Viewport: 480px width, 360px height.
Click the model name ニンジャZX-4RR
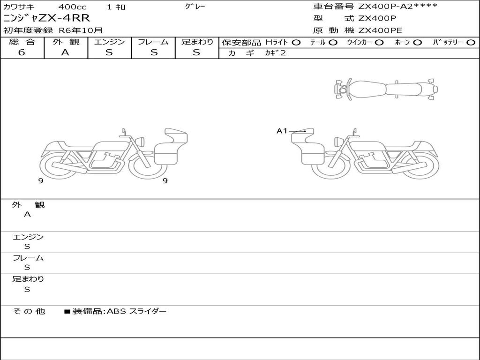46,18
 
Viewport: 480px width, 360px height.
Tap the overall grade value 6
22,52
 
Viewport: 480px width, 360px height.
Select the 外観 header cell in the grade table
66,42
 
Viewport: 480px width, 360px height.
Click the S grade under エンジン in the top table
109,52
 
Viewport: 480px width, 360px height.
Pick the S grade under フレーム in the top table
154,52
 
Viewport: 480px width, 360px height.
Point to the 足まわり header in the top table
197,42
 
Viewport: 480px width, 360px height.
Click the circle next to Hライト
296,43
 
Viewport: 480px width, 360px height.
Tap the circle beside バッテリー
471,43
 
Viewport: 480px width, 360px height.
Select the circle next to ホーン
417,43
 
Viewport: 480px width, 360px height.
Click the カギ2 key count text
275,53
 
